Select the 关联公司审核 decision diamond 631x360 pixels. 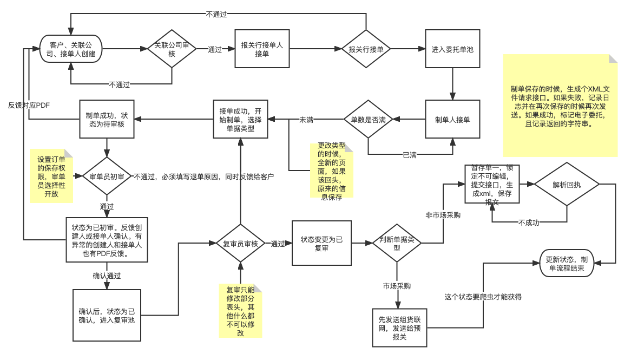point(172,49)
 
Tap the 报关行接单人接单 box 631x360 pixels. point(262,49)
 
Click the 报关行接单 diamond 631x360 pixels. point(366,49)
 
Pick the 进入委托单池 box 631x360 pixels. point(452,49)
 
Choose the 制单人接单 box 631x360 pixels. point(452,120)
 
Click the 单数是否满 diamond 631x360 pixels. point(368,120)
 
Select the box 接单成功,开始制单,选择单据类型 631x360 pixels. point(240,120)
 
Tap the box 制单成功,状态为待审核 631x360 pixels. point(107,120)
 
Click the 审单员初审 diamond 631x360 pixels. point(107,176)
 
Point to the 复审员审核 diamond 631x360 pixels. point(240,244)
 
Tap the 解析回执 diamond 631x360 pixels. point(567,185)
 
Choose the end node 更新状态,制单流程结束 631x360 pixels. point(567,263)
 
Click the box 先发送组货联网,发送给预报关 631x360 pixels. point(400,328)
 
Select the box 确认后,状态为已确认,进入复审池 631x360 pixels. point(107,315)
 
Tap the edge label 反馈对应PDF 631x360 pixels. point(29,106)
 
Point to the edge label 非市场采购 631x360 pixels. point(443,215)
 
